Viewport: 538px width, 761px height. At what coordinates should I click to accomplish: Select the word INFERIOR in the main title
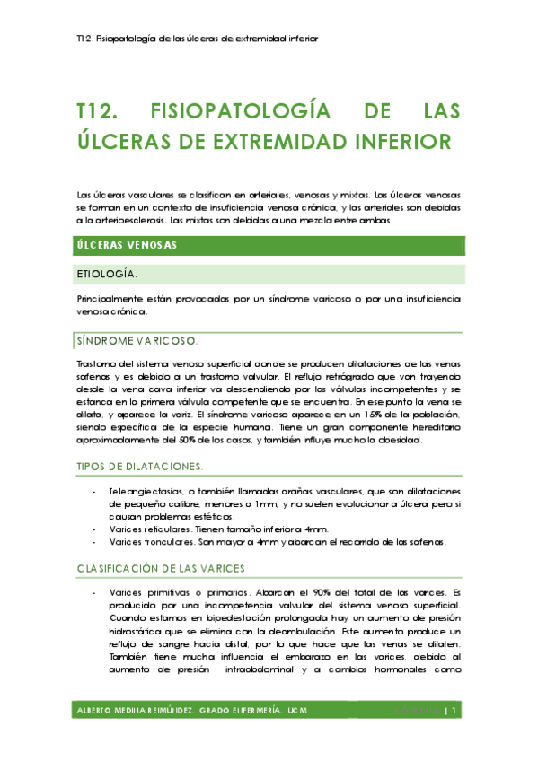tap(400, 142)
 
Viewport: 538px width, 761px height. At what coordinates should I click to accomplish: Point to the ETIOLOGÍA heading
tap(109, 274)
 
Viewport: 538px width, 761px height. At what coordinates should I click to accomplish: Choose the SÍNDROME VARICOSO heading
tap(137, 341)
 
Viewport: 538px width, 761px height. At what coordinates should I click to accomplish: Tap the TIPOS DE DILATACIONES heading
tap(140, 467)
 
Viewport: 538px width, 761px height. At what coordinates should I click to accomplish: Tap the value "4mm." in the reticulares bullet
tap(316, 529)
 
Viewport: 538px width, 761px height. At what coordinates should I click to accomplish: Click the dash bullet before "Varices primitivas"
tap(95, 594)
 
